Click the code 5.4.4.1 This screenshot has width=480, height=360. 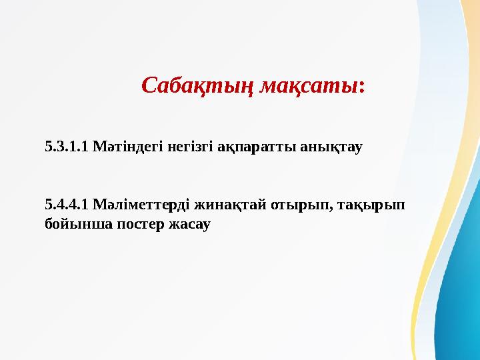click(67, 203)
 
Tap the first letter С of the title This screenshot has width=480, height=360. click(149, 87)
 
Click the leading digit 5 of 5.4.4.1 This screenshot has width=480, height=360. click(48, 203)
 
